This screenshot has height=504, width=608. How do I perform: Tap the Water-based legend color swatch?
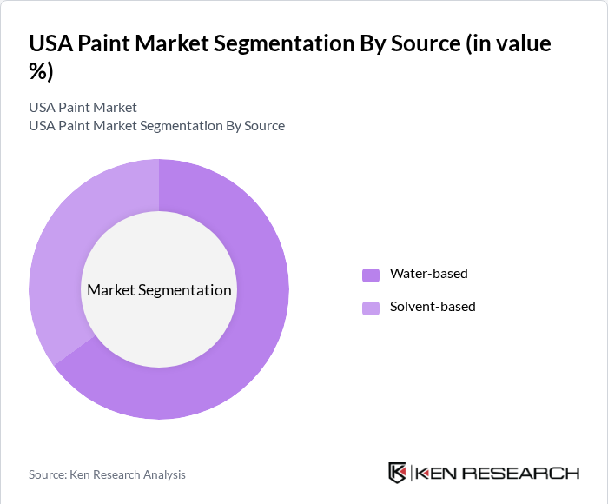[x=371, y=275]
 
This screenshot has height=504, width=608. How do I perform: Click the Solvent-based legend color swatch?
[x=371, y=308]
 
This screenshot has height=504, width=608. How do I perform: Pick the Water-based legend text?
[x=428, y=274]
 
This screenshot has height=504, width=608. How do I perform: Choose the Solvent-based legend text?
[x=433, y=307]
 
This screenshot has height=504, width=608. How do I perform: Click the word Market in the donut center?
[x=111, y=290]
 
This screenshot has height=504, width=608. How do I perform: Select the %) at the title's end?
[x=41, y=71]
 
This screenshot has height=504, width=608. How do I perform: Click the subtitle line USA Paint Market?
[x=83, y=108]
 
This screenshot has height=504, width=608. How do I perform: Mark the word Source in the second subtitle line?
[x=264, y=126]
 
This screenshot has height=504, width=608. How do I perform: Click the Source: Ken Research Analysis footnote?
[x=107, y=474]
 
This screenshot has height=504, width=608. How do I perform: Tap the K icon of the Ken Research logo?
[x=397, y=473]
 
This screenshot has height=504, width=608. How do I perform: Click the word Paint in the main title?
[x=110, y=43]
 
